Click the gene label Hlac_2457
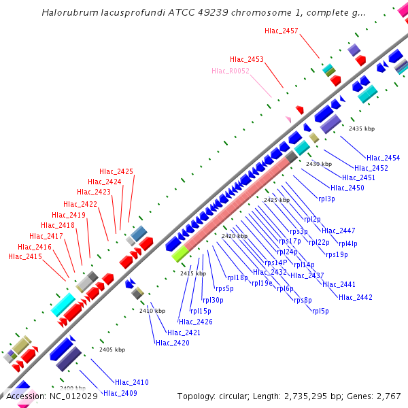[x=282, y=31]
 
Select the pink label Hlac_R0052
[x=231, y=71]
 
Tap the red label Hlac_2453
[x=247, y=60]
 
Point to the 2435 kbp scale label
[x=362, y=129]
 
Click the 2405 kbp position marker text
[x=112, y=350]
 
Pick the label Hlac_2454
[x=384, y=158]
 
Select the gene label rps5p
[x=224, y=288]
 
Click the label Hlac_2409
[x=120, y=393]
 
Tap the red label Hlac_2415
[x=25, y=257]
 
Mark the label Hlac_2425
[x=116, y=171]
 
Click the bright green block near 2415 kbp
[x=180, y=254]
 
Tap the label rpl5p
[x=320, y=311]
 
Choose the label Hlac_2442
[x=356, y=297]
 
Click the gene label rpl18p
[x=237, y=277]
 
